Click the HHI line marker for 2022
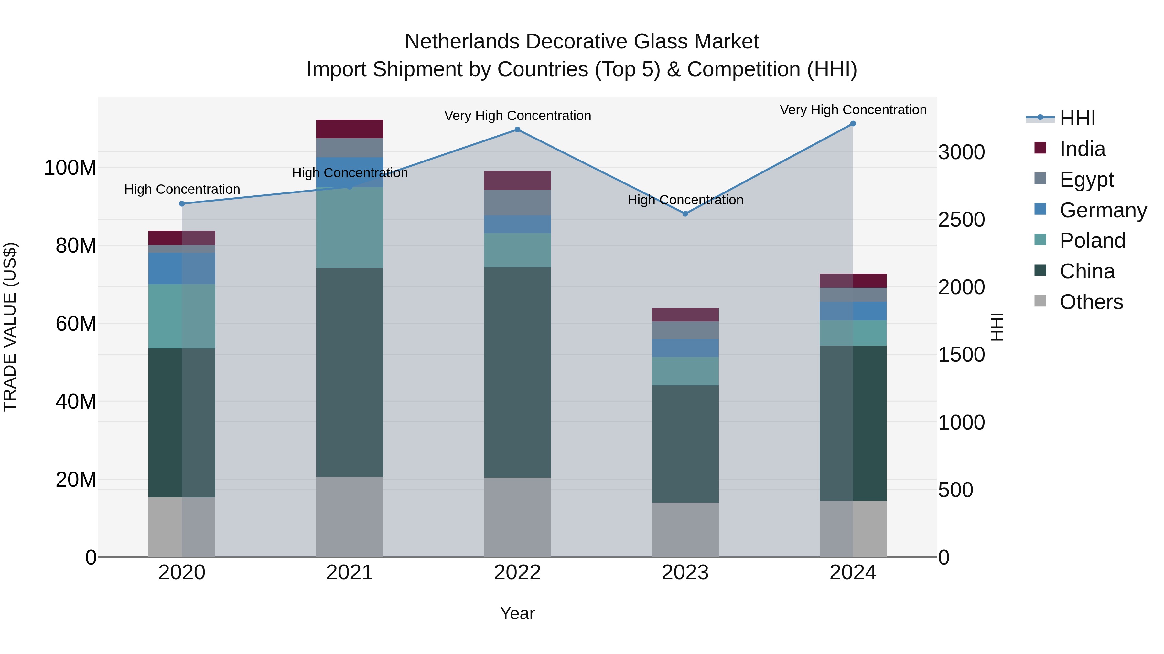(x=517, y=130)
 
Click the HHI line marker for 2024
(x=853, y=124)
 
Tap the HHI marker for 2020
(x=182, y=203)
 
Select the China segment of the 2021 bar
(x=349, y=372)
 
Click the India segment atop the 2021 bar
(x=349, y=129)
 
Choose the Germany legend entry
(x=1103, y=210)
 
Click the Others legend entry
(x=1091, y=302)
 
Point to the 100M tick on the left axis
(x=70, y=168)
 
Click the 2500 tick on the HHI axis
(x=961, y=220)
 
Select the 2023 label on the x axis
(x=685, y=573)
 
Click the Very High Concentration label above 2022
(x=517, y=116)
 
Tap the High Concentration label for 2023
(x=685, y=200)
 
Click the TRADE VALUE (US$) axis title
(x=10, y=327)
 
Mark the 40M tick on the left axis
(x=76, y=401)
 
